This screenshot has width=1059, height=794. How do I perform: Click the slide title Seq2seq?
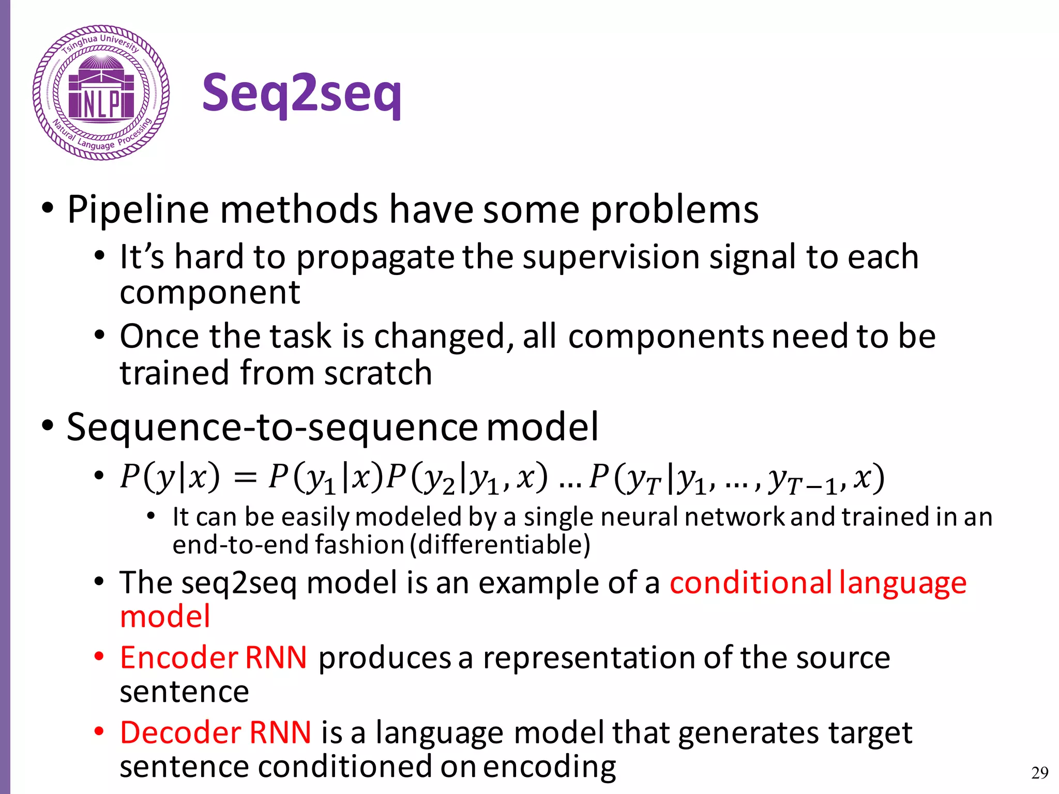click(301, 93)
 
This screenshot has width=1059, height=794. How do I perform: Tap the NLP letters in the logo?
click(101, 104)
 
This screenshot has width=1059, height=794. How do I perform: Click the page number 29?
click(1039, 773)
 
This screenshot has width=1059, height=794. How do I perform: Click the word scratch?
click(378, 373)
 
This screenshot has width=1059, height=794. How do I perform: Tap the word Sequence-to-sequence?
click(272, 427)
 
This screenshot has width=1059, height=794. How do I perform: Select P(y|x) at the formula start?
click(170, 477)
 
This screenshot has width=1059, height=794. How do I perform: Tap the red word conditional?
click(751, 583)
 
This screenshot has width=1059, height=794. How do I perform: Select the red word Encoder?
click(179, 658)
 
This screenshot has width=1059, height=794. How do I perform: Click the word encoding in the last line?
click(549, 767)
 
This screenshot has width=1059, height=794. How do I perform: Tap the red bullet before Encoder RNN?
click(99, 656)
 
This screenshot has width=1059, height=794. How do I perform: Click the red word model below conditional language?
click(165, 617)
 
